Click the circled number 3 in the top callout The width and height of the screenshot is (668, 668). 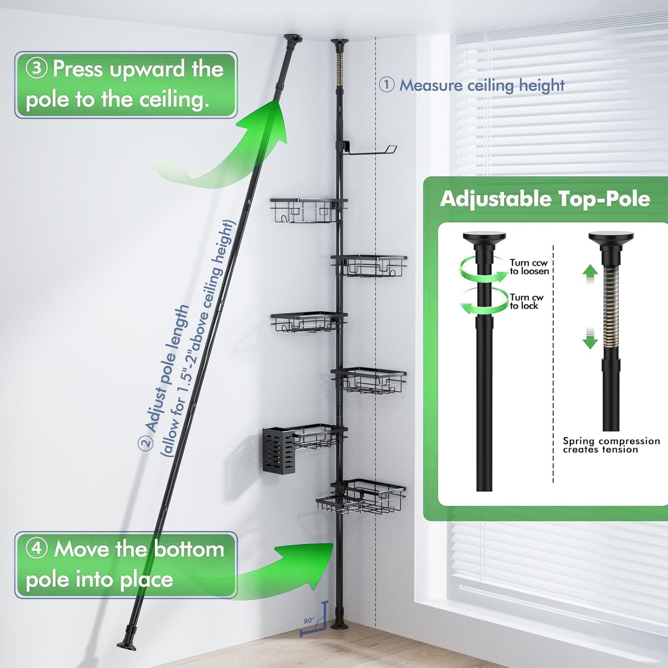(x=37, y=69)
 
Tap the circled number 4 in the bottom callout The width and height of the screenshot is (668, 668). (x=37, y=548)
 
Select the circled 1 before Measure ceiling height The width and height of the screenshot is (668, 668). (x=387, y=84)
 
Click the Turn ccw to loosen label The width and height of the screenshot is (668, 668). (x=529, y=267)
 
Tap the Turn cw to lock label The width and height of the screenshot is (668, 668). (x=526, y=301)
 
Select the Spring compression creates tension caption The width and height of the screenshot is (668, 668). (x=611, y=445)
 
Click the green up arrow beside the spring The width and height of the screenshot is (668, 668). (x=590, y=273)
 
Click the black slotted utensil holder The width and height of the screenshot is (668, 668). (x=278, y=450)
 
